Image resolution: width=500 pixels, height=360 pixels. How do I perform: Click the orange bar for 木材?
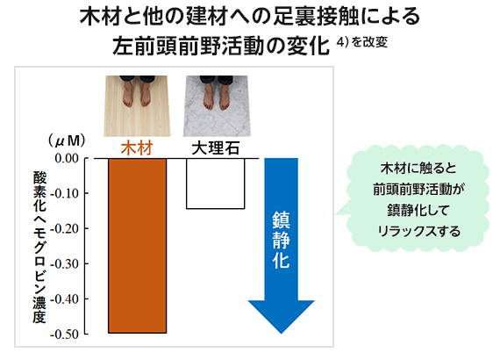click(x=137, y=246)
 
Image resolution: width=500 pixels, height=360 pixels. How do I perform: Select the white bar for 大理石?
click(x=216, y=184)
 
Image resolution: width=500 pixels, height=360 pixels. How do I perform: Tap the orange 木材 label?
click(x=137, y=148)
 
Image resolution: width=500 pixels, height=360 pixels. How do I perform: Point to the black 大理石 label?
click(x=216, y=148)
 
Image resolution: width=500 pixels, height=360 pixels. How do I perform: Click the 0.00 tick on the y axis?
click(x=67, y=158)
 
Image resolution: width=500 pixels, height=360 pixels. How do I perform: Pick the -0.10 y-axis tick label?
click(x=65, y=193)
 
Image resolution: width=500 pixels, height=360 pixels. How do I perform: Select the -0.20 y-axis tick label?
click(x=65, y=228)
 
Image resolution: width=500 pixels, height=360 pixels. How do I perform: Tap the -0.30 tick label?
click(x=65, y=264)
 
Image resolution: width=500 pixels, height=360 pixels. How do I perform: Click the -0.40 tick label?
click(x=65, y=299)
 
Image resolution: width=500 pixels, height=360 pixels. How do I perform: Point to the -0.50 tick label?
click(x=65, y=335)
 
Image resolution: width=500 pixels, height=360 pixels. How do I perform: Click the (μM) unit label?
click(x=67, y=140)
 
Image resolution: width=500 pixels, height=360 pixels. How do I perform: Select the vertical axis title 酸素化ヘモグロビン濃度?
click(x=39, y=248)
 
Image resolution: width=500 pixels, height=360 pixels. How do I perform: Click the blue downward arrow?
click(x=282, y=246)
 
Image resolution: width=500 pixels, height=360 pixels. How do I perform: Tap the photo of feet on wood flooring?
click(x=137, y=106)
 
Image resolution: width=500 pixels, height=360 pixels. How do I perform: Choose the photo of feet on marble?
click(x=217, y=106)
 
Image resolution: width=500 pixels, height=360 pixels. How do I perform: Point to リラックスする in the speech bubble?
click(x=419, y=231)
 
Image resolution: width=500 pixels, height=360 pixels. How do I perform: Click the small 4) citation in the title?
click(x=342, y=42)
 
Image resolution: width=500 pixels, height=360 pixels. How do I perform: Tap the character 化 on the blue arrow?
click(x=281, y=259)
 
